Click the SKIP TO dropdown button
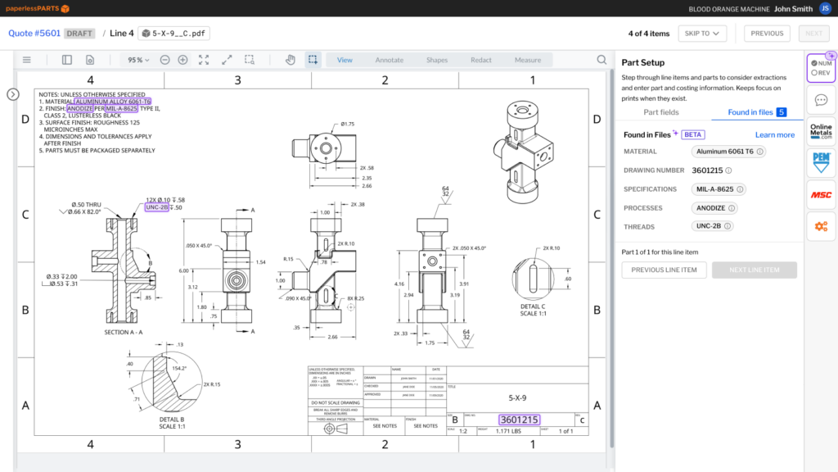tap(703, 34)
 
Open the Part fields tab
tap(661, 111)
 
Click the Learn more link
tap(774, 134)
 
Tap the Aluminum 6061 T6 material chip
tap(728, 152)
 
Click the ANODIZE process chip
tap(714, 208)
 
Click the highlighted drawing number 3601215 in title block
tap(519, 420)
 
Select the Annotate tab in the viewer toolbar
tap(390, 60)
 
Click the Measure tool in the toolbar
tap(528, 60)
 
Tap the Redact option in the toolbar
tap(481, 60)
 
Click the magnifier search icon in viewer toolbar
tap(601, 60)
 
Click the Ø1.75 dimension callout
tap(347, 125)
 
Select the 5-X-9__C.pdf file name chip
tap(174, 34)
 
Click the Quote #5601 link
tap(34, 34)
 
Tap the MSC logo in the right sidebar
tap(821, 194)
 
